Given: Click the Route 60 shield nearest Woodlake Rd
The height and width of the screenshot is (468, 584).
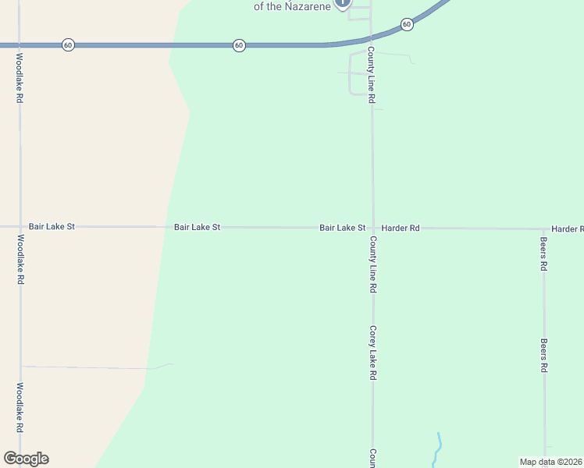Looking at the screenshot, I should pos(68,45).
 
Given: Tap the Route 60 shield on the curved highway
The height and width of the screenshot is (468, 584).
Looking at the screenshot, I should pos(407,25).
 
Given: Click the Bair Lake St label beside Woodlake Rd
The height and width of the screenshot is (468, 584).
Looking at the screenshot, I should pos(52,226).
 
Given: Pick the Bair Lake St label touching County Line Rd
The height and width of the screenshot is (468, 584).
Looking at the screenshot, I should pos(342,228).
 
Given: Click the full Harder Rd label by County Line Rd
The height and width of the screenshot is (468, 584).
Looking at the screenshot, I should pos(401,228).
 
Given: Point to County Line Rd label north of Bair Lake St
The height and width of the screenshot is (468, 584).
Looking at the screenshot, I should pos(372,76).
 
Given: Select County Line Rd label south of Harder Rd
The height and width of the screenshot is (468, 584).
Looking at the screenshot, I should pos(373,264).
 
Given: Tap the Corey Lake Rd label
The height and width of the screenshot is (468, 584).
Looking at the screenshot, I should pos(373,353).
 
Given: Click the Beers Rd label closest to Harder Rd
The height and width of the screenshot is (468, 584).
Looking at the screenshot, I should pos(543,254).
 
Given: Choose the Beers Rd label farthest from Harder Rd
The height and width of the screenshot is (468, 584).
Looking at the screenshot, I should pos(543,355).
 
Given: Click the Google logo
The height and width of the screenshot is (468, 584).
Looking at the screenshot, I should pos(26,459).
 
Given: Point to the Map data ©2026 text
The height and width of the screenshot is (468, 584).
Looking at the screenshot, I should pos(550,462).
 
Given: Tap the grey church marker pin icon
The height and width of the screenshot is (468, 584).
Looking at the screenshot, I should pos(342,2).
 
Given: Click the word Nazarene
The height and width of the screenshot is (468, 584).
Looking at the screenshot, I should pos(308,6).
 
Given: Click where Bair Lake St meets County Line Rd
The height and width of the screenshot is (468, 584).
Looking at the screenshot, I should pos(372,228).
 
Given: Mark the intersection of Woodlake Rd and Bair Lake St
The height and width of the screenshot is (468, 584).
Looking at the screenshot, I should pos(20,226).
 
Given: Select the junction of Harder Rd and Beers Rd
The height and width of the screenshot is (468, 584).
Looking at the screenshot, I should pos(544,229).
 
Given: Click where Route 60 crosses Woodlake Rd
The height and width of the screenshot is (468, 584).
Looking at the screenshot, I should pos(20,45).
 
